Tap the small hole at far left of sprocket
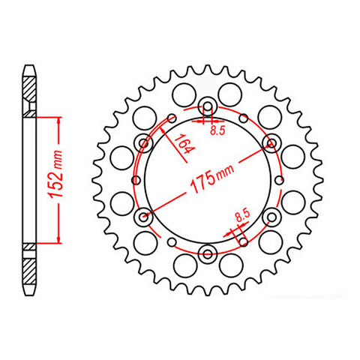(135, 179)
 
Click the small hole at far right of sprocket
(277, 179)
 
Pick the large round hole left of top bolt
(180, 94)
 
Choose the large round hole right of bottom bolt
(232, 265)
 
